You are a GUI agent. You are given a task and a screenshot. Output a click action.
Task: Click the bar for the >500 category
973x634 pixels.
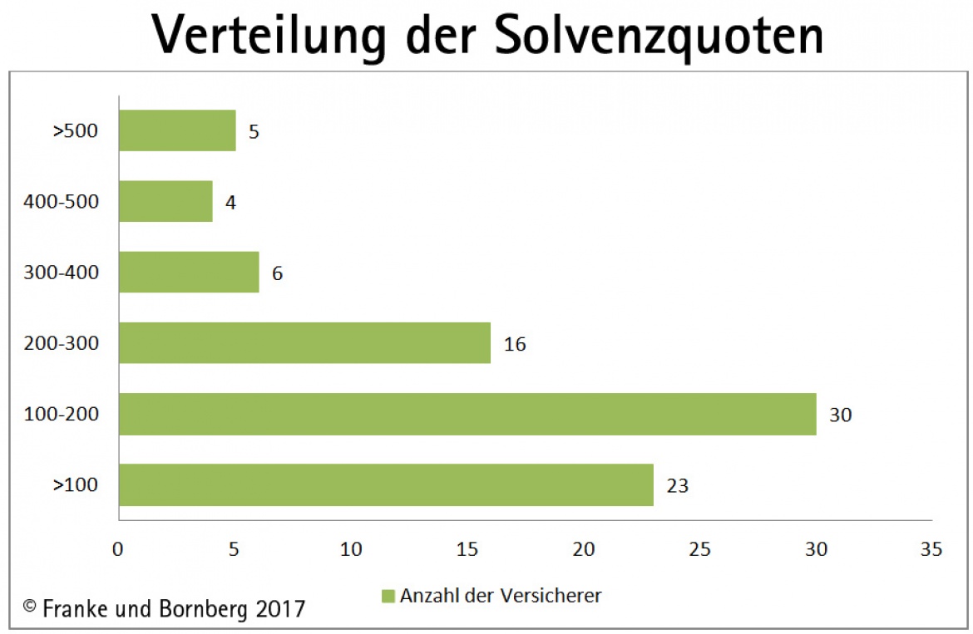click(177, 130)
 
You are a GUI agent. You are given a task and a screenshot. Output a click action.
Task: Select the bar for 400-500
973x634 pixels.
click(165, 201)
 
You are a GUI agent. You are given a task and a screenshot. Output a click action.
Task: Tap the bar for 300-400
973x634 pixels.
click(189, 272)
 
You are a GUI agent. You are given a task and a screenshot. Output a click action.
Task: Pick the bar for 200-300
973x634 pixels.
click(304, 342)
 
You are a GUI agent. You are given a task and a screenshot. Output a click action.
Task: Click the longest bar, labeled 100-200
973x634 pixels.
click(467, 414)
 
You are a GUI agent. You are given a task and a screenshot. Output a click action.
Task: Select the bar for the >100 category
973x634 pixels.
click(386, 484)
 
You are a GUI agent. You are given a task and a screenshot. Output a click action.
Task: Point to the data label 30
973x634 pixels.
click(840, 414)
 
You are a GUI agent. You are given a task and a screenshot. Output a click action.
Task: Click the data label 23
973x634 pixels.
click(677, 485)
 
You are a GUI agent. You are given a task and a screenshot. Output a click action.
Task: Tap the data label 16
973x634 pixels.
click(514, 343)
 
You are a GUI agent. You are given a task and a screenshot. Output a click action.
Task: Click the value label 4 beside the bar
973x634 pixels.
click(230, 202)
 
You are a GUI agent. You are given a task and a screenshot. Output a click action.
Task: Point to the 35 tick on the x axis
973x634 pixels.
click(931, 549)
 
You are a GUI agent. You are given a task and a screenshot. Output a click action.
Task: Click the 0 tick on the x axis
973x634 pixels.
click(118, 549)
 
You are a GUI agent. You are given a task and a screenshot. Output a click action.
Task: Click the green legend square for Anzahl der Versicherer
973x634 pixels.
click(388, 596)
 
